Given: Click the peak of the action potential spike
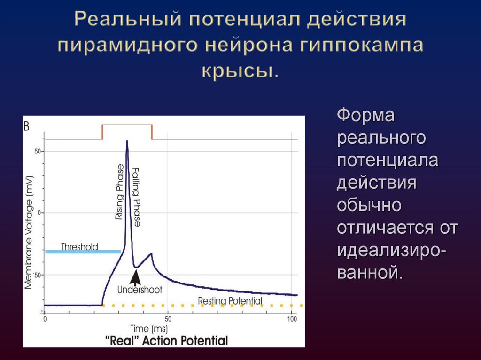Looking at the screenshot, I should click(126, 141).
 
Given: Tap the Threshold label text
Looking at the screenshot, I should click(80, 247).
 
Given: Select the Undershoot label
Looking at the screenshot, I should click(140, 290).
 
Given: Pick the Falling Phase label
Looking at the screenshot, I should click(136, 197).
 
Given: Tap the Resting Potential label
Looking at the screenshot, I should click(230, 300).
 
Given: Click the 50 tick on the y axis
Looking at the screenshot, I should click(37, 151).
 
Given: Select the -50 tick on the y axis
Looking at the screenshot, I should click(36, 274).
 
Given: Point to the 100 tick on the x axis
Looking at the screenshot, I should click(292, 319).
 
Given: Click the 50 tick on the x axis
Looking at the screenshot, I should click(168, 319).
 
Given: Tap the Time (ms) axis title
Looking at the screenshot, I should click(149, 328).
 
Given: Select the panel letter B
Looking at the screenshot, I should click(27, 125).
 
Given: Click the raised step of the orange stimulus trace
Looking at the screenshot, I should click(127, 125).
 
